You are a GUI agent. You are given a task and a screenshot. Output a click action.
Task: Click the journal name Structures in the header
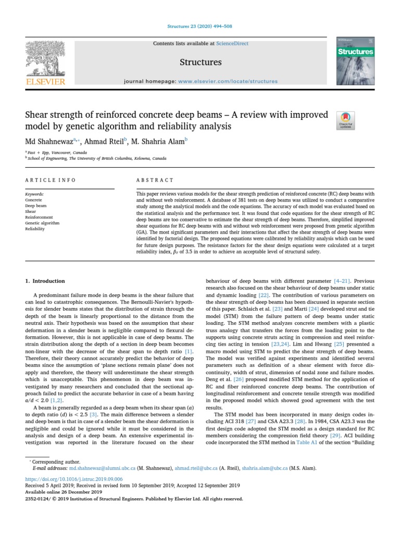(x=201, y=62)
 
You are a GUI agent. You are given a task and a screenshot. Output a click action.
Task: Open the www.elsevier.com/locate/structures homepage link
(x=228, y=81)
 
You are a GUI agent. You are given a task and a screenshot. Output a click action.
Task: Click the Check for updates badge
(x=346, y=120)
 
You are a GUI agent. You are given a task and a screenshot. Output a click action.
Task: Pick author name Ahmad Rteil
(x=107, y=141)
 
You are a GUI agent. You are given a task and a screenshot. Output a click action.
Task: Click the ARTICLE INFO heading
(x=51, y=180)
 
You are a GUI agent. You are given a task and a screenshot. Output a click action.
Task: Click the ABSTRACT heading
(x=155, y=180)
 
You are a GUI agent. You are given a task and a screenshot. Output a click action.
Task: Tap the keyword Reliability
(x=35, y=229)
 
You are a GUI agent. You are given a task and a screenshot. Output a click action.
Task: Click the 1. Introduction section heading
(x=45, y=281)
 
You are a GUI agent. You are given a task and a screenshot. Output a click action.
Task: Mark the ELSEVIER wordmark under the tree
(x=45, y=82)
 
